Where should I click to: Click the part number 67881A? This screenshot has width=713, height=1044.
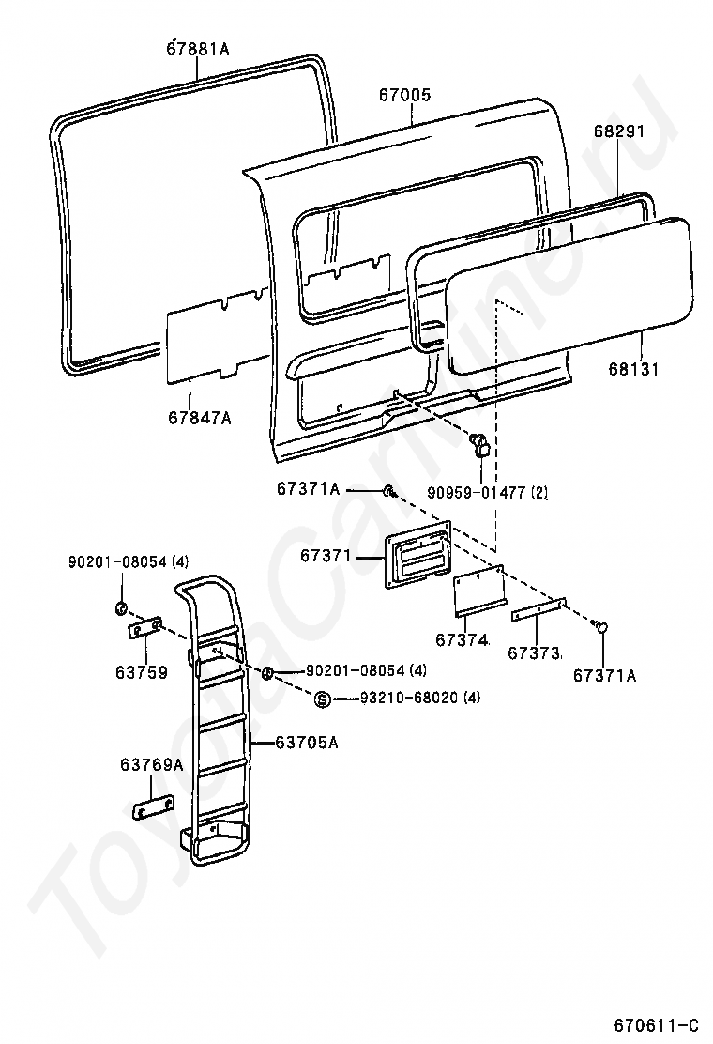pyautogui.click(x=198, y=48)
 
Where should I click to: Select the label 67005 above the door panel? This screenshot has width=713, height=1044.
pyautogui.click(x=405, y=95)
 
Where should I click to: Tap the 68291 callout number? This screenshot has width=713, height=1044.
pyautogui.click(x=618, y=131)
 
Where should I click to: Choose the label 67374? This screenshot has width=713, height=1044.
pyautogui.click(x=461, y=640)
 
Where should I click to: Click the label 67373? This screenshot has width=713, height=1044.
pyautogui.click(x=534, y=652)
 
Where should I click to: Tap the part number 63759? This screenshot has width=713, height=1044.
pyautogui.click(x=143, y=671)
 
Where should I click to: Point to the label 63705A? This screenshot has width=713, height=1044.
pyautogui.click(x=307, y=743)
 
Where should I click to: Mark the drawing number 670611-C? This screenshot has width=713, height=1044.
pyautogui.click(x=657, y=1022)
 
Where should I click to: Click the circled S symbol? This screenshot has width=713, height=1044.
pyautogui.click(x=322, y=699)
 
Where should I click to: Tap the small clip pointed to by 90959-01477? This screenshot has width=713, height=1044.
pyautogui.click(x=480, y=444)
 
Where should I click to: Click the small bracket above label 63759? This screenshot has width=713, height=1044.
pyautogui.click(x=145, y=630)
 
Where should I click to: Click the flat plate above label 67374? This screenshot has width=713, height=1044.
pyautogui.click(x=479, y=592)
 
